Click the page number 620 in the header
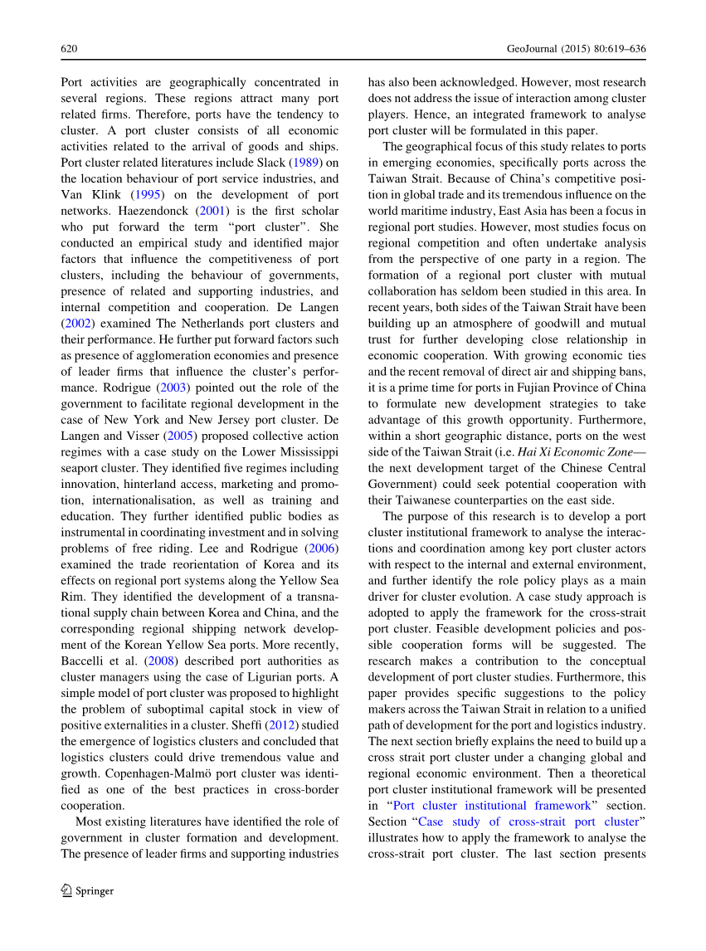click(x=69, y=50)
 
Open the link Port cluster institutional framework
click(x=492, y=805)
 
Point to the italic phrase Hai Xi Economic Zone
click(x=574, y=451)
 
